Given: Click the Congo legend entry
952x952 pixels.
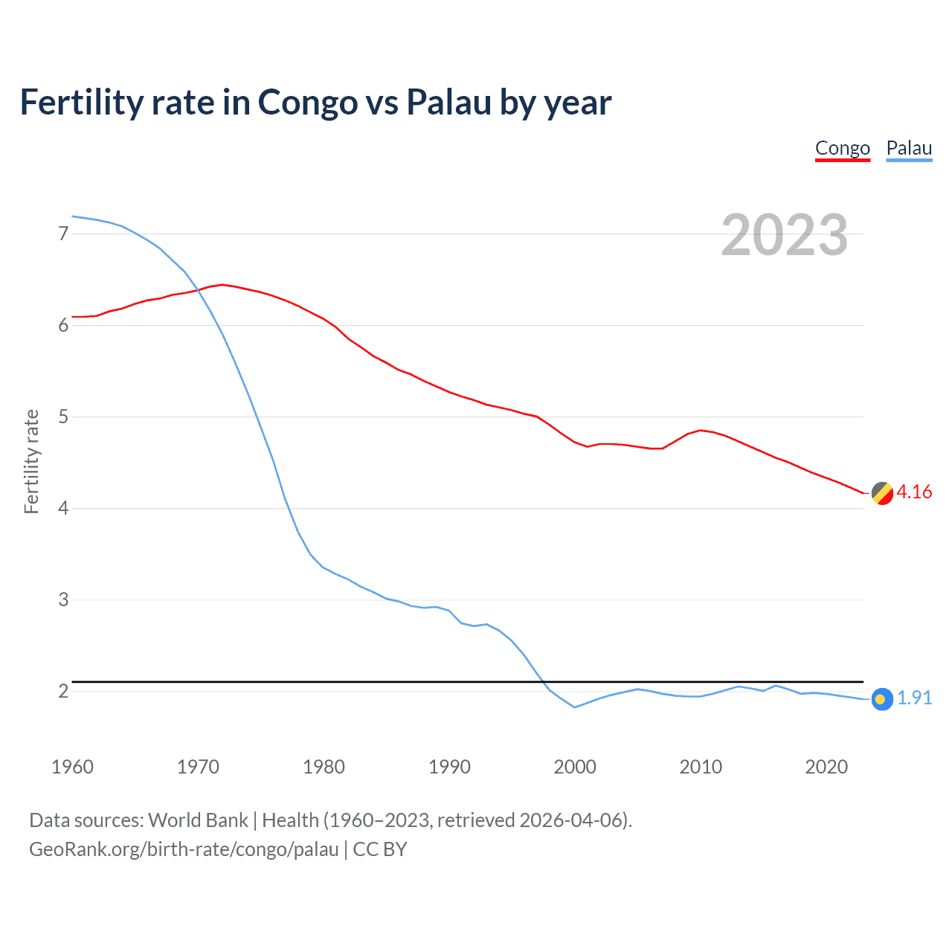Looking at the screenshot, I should pos(842,148).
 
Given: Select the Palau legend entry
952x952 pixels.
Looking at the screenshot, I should pos(909,148).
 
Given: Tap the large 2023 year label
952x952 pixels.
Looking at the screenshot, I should pos(784,235).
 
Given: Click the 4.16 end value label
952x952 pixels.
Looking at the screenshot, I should pos(914,492).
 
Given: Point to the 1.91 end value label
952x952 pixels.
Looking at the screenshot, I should pos(914,698).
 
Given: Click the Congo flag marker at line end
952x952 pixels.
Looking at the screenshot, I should pos(882,493).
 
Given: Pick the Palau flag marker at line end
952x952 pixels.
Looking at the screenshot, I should pos(882,699).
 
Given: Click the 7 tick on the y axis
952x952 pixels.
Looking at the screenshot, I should pos(63,234).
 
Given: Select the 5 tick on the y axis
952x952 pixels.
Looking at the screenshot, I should pos(63,416).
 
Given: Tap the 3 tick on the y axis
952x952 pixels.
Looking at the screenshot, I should pos(63,599).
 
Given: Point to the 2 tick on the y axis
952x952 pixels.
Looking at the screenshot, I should pos(63,691).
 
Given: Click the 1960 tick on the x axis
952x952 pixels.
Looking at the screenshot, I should pos(72,767).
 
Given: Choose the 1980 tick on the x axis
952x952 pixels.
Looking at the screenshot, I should pos(324,767).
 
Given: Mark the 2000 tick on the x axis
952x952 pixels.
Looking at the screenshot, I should pos(575,767).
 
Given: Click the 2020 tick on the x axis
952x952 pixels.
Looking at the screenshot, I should pos(826,767).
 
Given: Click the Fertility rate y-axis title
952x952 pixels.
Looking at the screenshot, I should pos(31,461).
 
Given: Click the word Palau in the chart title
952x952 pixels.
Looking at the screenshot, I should pos(448,103).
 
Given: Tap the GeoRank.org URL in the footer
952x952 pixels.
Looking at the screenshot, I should pos(184,849).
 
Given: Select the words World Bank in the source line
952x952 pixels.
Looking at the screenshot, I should pos(198,820).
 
